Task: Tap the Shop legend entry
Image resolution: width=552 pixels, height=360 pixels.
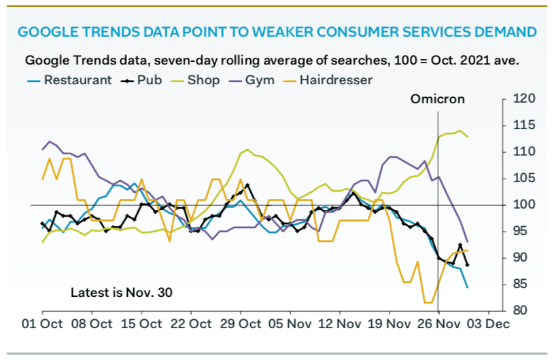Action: [x=205, y=80]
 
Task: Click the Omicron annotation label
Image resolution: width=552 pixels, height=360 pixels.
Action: [x=438, y=99]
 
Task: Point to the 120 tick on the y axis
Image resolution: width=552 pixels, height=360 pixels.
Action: [x=520, y=99]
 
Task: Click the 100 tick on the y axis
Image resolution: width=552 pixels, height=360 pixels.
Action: [x=520, y=204]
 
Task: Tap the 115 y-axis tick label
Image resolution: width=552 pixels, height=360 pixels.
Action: [x=520, y=125]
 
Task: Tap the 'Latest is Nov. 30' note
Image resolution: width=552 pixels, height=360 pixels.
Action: [x=122, y=293]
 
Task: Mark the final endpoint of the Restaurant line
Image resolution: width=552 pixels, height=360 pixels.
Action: [x=467, y=287]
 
